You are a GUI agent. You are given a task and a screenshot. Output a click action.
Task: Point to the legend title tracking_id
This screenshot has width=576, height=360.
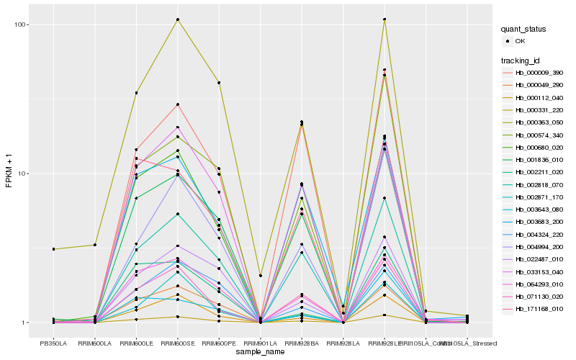coord(523,60)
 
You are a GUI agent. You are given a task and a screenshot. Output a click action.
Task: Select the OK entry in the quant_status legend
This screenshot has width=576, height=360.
coord(520,41)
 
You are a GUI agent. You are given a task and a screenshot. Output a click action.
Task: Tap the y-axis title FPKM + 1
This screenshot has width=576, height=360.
coord(9,174)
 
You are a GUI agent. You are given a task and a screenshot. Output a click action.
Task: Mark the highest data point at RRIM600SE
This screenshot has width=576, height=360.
coord(177,19)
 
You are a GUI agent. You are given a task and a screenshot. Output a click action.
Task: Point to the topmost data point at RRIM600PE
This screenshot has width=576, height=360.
coord(219,83)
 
